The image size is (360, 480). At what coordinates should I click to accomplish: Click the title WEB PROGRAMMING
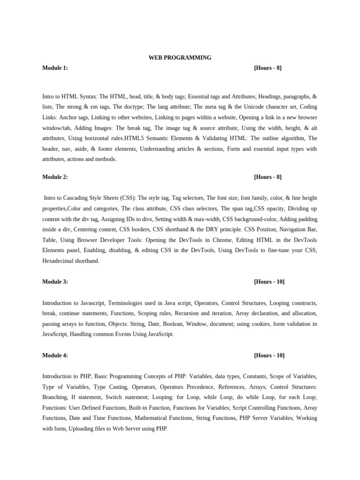pos(180,58)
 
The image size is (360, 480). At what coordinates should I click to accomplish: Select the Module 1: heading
pos(55,68)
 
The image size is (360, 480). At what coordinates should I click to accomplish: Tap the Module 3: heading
pos(55,282)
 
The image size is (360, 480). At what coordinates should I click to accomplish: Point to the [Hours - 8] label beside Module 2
pos(268,177)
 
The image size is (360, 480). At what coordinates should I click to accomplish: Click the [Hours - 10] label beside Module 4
pos(269,355)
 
